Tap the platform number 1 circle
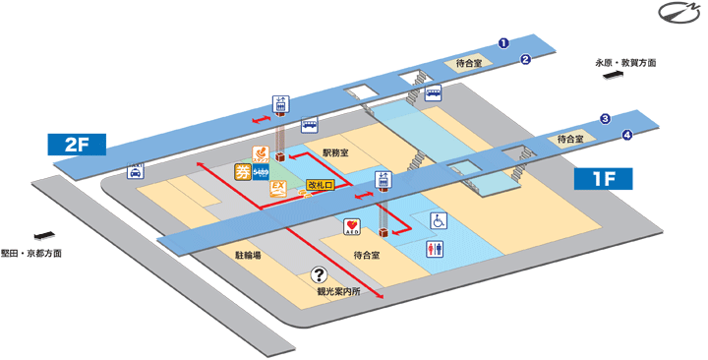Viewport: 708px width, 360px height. pos(503,43)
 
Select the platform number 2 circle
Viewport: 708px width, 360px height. pos(526,59)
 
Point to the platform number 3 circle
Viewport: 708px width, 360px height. pos(606,119)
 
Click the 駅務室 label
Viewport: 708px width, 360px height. pos(335,152)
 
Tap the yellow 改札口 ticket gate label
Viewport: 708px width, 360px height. pos(321,185)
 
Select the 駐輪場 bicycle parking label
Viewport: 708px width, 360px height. pos(247,254)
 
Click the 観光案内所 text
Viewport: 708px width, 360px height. pos(338,292)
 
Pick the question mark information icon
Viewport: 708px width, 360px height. pos(319,275)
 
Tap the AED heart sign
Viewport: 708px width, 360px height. pos(352,227)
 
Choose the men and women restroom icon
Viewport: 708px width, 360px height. pos(436,250)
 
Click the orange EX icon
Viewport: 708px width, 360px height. pos(277,187)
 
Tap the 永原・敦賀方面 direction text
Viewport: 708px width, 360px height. pos(625,63)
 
